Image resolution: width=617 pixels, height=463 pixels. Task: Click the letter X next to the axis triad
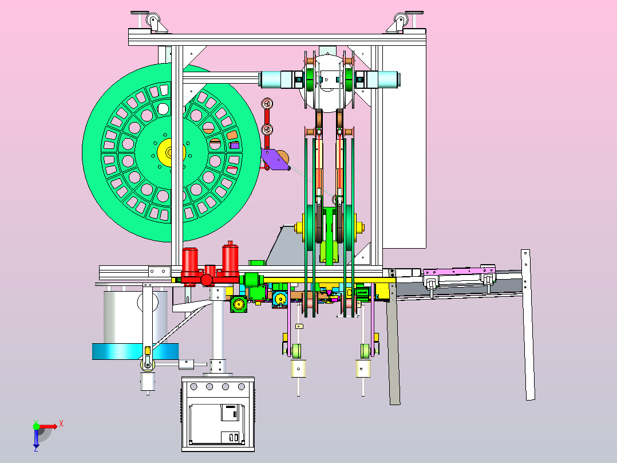pos(61,425)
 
